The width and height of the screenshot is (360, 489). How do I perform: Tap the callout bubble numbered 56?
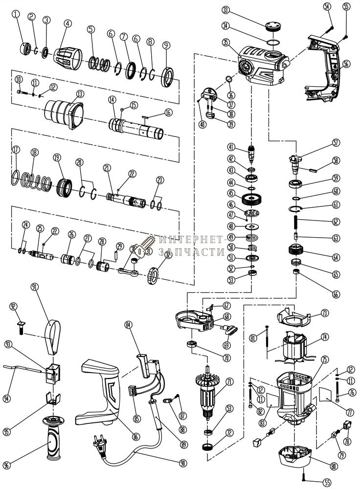pos(346,64)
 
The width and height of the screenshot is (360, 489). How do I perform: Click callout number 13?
pos(80,93)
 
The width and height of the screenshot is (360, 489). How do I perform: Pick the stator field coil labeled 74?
pos(294,347)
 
